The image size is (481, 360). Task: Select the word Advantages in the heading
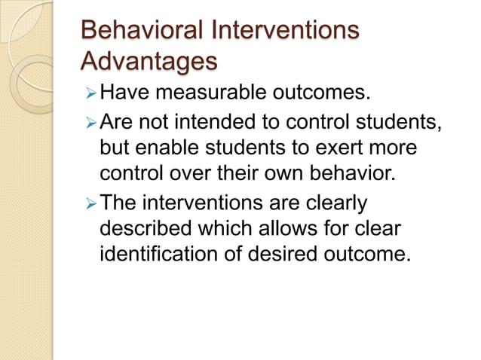(x=149, y=59)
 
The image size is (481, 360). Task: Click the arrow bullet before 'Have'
(x=90, y=95)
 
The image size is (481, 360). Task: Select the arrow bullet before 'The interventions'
(x=90, y=203)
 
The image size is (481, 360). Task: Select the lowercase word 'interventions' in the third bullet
(x=203, y=203)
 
